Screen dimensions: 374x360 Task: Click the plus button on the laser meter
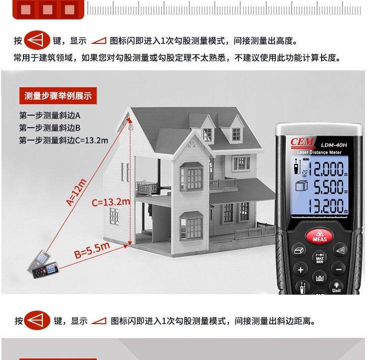pyautogui.click(x=301, y=270)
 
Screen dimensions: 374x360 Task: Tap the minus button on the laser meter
pyautogui.click(x=339, y=270)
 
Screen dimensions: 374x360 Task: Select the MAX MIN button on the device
pyautogui.click(x=320, y=258)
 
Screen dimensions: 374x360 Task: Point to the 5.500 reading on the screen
pyautogui.click(x=330, y=186)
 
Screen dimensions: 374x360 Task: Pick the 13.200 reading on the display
pyautogui.click(x=328, y=205)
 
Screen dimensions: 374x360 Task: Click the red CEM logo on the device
pyautogui.click(x=302, y=142)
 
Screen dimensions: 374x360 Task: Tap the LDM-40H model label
pyautogui.click(x=334, y=145)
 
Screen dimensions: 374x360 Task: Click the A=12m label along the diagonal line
pyautogui.click(x=76, y=192)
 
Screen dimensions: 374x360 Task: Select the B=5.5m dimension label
pyautogui.click(x=92, y=250)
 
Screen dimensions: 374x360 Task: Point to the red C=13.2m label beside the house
pyautogui.click(x=111, y=202)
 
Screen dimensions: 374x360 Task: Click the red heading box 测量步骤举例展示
pyautogui.click(x=58, y=96)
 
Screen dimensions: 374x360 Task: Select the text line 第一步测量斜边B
pyautogui.click(x=49, y=128)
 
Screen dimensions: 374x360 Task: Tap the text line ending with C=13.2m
pyautogui.click(x=63, y=140)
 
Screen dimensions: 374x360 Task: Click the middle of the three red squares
pyautogui.click(x=47, y=9)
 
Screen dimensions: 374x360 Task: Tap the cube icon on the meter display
pyautogui.click(x=301, y=186)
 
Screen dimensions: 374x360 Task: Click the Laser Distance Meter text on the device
pyautogui.click(x=319, y=152)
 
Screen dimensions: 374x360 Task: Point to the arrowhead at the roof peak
pyautogui.click(x=130, y=120)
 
